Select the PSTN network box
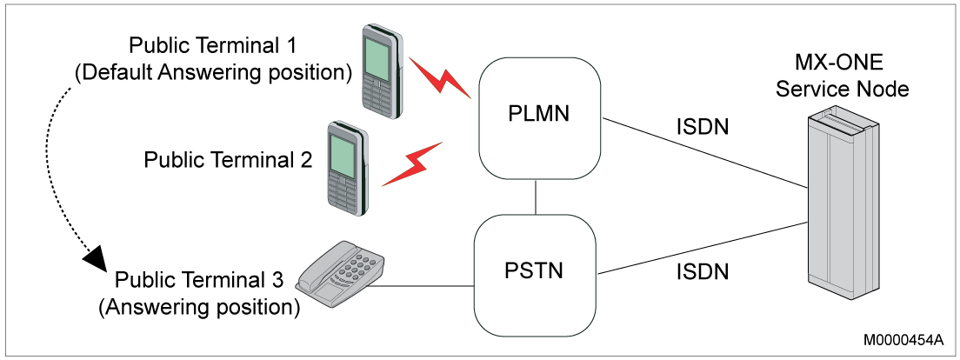[x=534, y=270]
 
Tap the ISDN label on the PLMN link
[x=703, y=127]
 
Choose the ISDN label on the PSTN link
[x=703, y=272]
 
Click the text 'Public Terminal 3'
[x=199, y=281]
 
